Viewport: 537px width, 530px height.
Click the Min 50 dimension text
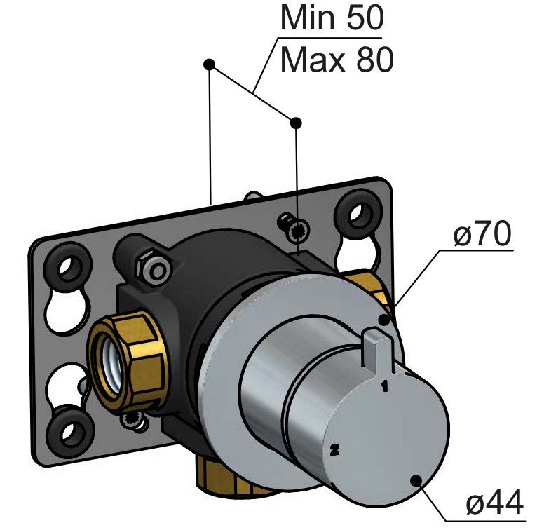tap(332, 17)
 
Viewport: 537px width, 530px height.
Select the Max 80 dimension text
tap(337, 60)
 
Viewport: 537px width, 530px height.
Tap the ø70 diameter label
tap(482, 233)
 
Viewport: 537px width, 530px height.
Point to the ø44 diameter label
tap(494, 501)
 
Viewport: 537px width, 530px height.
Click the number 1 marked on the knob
tap(385, 386)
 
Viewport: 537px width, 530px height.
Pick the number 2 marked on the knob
tap(334, 450)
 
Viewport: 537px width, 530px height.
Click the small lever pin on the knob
tap(376, 349)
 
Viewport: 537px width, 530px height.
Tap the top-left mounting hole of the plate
tap(70, 266)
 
